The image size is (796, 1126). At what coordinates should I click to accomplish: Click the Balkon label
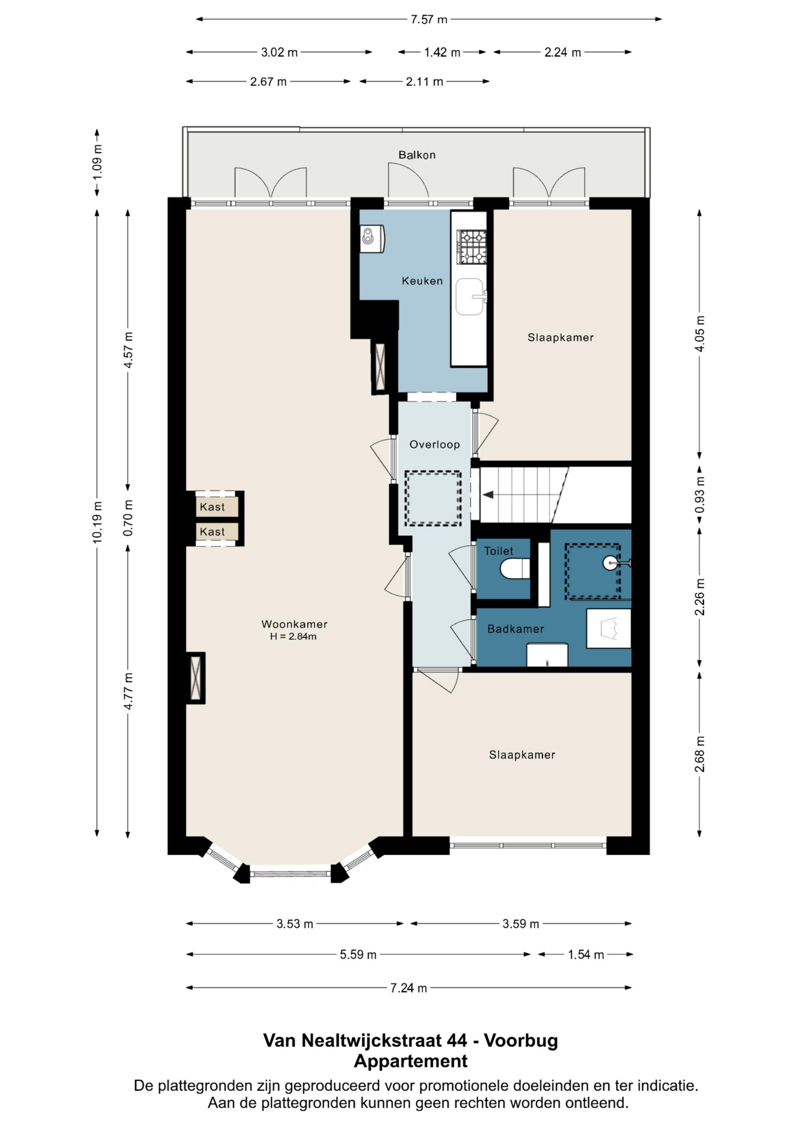pyautogui.click(x=417, y=155)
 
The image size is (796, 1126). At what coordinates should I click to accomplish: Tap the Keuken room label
pyautogui.click(x=422, y=281)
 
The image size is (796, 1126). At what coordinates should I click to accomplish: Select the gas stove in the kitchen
pyautogui.click(x=472, y=247)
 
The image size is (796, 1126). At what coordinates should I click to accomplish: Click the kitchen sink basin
pyautogui.click(x=469, y=297)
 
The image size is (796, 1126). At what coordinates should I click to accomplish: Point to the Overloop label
pyautogui.click(x=434, y=445)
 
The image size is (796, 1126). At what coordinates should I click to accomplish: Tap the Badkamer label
pyautogui.click(x=516, y=629)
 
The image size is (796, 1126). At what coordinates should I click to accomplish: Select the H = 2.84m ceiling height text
pyautogui.click(x=293, y=637)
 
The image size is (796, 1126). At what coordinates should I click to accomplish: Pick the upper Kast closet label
pyautogui.click(x=212, y=507)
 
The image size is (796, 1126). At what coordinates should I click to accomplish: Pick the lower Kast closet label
pyautogui.click(x=212, y=531)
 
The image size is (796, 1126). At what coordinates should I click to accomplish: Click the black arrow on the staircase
pyautogui.click(x=488, y=495)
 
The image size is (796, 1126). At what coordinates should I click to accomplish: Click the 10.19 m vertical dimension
pyautogui.click(x=97, y=522)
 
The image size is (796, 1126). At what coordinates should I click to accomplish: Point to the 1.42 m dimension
pyautogui.click(x=442, y=52)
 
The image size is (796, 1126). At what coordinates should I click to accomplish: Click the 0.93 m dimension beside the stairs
pyautogui.click(x=700, y=495)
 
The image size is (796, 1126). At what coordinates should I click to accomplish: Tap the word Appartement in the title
pyautogui.click(x=411, y=1061)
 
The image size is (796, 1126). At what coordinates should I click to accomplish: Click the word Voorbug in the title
pyautogui.click(x=521, y=1040)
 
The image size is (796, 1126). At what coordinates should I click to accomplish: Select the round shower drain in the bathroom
pyautogui.click(x=610, y=563)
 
